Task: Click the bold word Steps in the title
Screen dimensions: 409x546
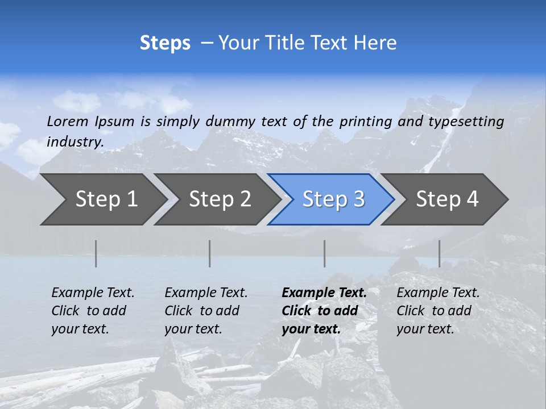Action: (165, 43)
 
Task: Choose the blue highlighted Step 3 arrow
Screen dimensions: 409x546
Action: (333, 199)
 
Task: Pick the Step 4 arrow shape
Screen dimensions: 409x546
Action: (446, 199)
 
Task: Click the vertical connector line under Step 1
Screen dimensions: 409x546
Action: (96, 253)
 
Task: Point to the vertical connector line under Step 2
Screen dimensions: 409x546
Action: (210, 253)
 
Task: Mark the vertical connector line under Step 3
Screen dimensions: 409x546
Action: (325, 253)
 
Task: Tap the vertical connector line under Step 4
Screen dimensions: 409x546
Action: (440, 253)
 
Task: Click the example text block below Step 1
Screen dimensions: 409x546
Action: (93, 311)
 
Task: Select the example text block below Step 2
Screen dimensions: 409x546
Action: (206, 311)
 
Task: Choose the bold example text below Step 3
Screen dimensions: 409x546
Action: (324, 311)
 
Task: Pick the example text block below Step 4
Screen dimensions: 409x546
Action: (438, 311)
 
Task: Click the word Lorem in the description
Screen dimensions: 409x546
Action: (68, 122)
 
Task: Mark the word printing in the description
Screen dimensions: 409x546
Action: (366, 122)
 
